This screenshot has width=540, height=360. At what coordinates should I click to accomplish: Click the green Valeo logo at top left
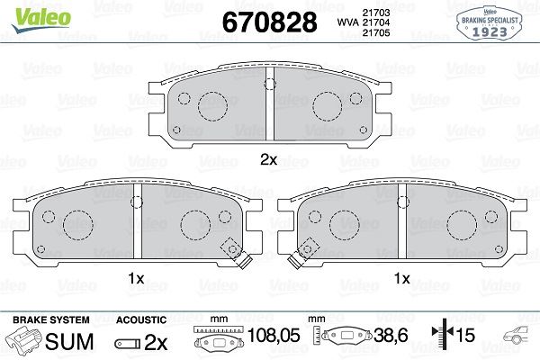click(41, 19)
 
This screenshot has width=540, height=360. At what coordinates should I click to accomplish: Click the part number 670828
click(270, 22)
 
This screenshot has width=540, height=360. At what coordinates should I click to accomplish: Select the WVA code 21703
click(376, 13)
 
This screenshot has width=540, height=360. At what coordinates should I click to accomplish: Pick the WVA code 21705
click(376, 32)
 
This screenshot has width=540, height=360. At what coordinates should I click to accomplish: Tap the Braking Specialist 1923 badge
click(490, 23)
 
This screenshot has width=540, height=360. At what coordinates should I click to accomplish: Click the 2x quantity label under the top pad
click(268, 159)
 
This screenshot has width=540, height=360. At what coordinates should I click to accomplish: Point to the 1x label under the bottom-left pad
click(136, 278)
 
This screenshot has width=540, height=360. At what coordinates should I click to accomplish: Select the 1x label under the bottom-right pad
click(402, 278)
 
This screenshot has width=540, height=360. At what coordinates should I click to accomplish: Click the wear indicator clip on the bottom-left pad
click(237, 253)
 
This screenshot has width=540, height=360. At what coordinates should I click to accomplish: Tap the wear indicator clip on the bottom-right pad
click(302, 253)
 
